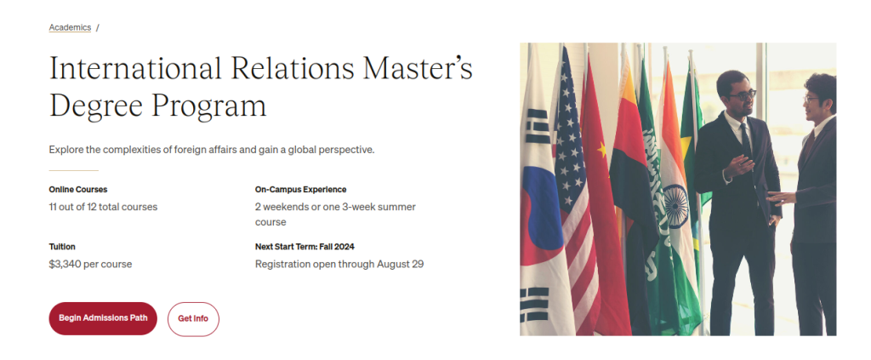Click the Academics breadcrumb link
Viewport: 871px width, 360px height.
(70, 27)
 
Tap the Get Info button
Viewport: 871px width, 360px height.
(193, 318)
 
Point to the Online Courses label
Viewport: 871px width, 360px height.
(78, 189)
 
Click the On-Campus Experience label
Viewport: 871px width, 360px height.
(300, 189)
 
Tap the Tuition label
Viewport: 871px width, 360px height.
(62, 247)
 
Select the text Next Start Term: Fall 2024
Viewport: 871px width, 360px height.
(305, 247)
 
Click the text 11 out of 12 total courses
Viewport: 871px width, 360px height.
(103, 206)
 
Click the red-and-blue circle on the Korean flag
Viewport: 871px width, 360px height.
(537, 204)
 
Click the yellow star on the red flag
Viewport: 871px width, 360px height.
(602, 150)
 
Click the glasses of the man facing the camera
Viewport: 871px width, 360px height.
(740, 94)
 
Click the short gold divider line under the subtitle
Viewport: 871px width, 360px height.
(73, 170)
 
